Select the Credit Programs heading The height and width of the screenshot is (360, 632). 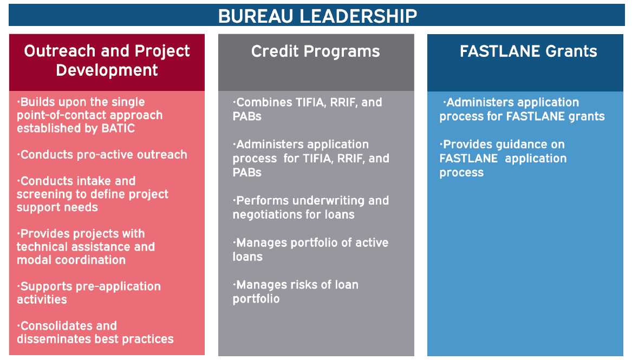coord(316,51)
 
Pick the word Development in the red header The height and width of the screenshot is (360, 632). coord(107,70)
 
